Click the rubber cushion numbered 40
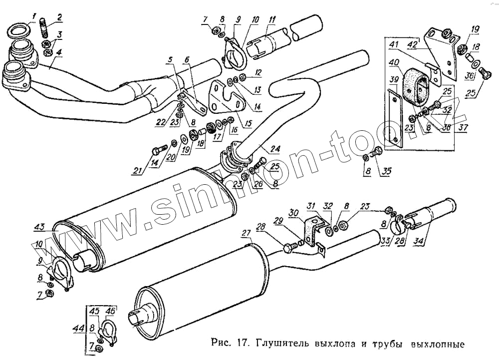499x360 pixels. [416, 88]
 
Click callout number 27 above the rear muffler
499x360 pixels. [246, 233]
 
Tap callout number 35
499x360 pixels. [386, 172]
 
